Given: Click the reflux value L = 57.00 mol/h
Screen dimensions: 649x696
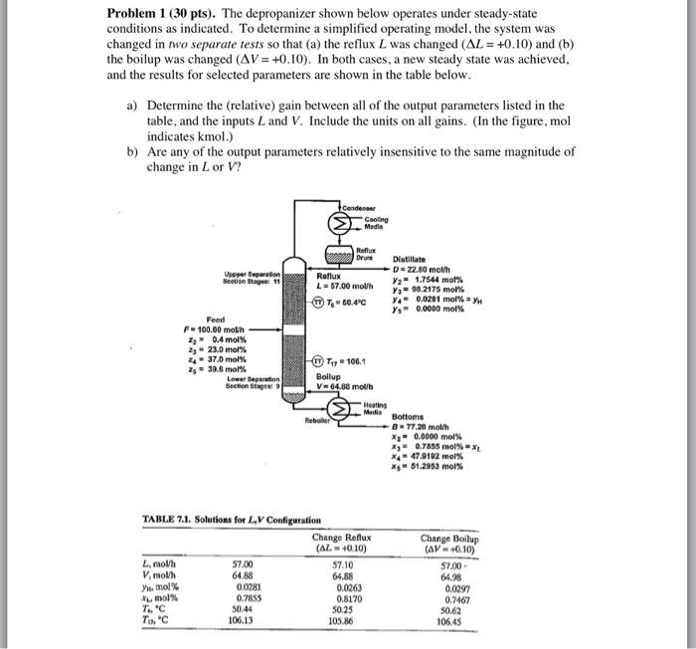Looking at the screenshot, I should (346, 287).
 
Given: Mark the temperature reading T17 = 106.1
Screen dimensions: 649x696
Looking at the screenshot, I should (348, 362).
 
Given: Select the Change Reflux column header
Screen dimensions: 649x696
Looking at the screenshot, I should (339, 542).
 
